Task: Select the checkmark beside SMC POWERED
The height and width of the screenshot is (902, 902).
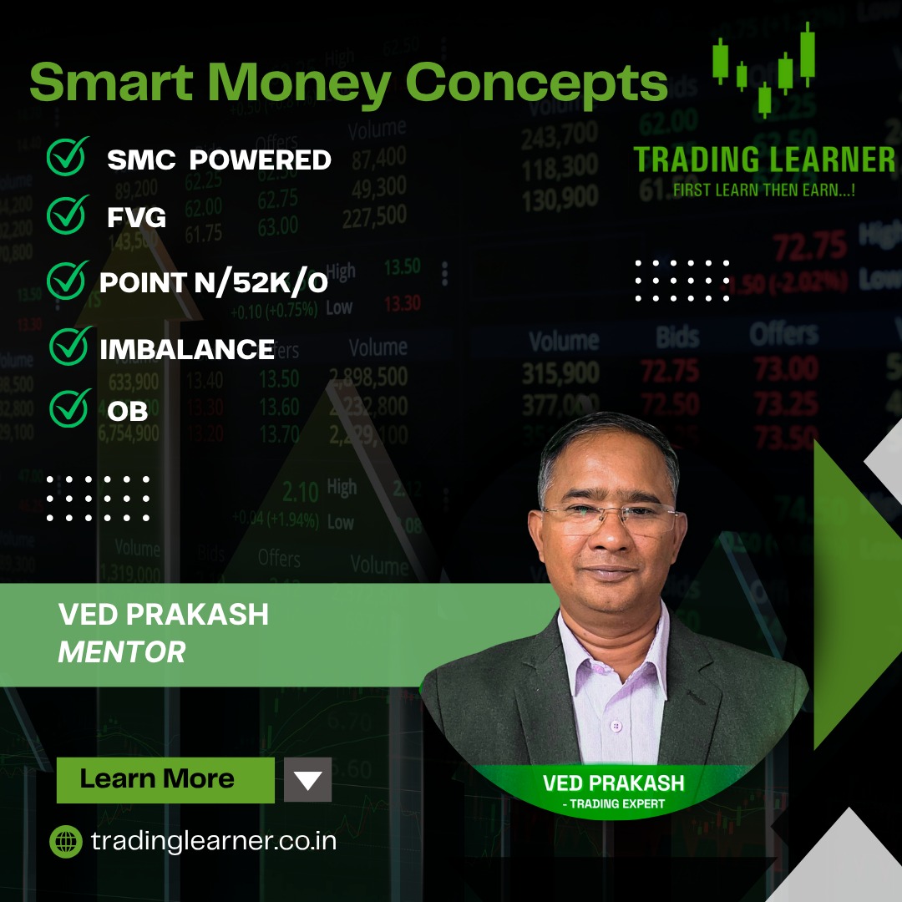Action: [x=68, y=157]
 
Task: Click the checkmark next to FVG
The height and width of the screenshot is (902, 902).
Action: [x=68, y=215]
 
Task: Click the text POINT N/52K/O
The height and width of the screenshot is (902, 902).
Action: [x=213, y=283]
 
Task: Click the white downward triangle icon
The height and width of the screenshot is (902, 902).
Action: [x=308, y=780]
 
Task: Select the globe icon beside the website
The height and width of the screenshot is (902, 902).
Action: [x=66, y=841]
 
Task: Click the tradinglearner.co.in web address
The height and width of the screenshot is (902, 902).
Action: [x=213, y=841]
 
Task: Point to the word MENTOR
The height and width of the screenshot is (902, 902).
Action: [x=122, y=652]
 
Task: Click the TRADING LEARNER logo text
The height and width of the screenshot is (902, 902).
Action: [x=763, y=160]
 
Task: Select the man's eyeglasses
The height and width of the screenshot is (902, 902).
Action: [x=611, y=518]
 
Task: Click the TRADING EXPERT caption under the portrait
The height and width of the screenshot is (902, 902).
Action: [x=614, y=804]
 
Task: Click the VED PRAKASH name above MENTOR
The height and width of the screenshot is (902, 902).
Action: [x=164, y=616]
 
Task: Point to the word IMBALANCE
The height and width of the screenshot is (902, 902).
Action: [x=187, y=348]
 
